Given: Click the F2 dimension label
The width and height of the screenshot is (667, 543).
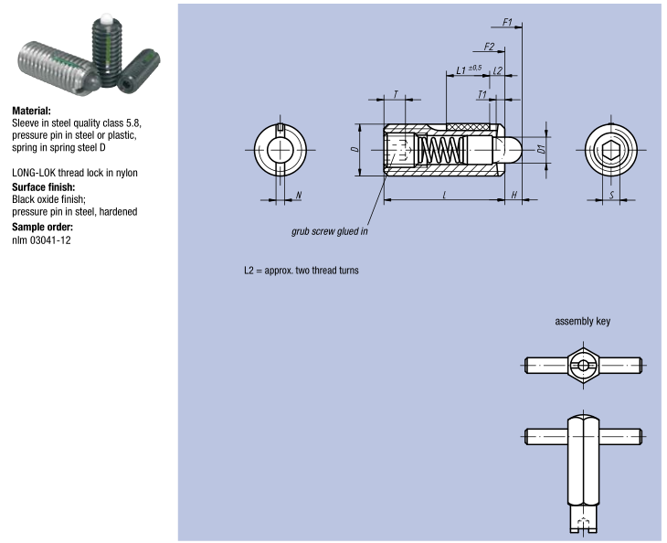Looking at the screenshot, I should pyautogui.click(x=489, y=46).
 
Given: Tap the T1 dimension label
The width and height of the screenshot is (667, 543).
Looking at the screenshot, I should pyautogui.click(x=482, y=95).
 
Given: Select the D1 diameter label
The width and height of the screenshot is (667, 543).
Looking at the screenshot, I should pyautogui.click(x=541, y=148).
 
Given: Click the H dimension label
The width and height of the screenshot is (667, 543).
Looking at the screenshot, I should pyautogui.click(x=514, y=195).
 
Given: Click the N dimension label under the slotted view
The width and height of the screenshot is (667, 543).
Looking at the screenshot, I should pyautogui.click(x=299, y=195).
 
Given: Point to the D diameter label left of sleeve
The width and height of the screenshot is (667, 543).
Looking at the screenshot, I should pyautogui.click(x=355, y=149).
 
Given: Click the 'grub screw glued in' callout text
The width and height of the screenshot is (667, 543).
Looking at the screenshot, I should pyautogui.click(x=330, y=231).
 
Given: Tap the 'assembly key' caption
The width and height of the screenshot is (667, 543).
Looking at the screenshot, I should pyautogui.click(x=583, y=322).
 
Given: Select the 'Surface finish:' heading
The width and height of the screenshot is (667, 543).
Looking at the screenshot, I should pyautogui.click(x=42, y=186).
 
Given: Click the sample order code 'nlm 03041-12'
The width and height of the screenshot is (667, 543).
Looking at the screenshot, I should pyautogui.click(x=41, y=240).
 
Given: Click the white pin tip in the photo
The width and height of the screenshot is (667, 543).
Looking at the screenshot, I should pyautogui.click(x=105, y=17).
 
